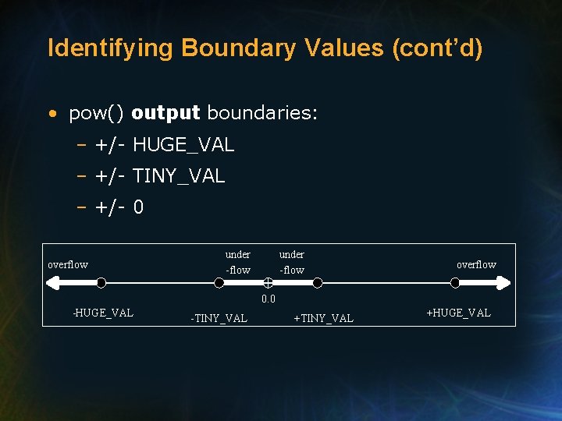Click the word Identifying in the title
coord(109,48)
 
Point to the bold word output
coord(166,114)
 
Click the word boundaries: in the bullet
coord(262,114)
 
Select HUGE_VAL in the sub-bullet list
coord(183,146)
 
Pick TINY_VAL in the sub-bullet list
coord(179,177)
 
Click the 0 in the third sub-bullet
coord(138,208)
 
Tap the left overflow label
coord(68,264)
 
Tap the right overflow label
coord(476,264)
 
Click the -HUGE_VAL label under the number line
coord(103,313)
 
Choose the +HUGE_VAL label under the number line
coord(459,313)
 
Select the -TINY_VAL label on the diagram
coord(219,318)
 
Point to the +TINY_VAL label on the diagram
coord(323,318)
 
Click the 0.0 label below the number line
coord(269,299)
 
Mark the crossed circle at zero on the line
coord(268,284)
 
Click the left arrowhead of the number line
coord(54,284)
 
